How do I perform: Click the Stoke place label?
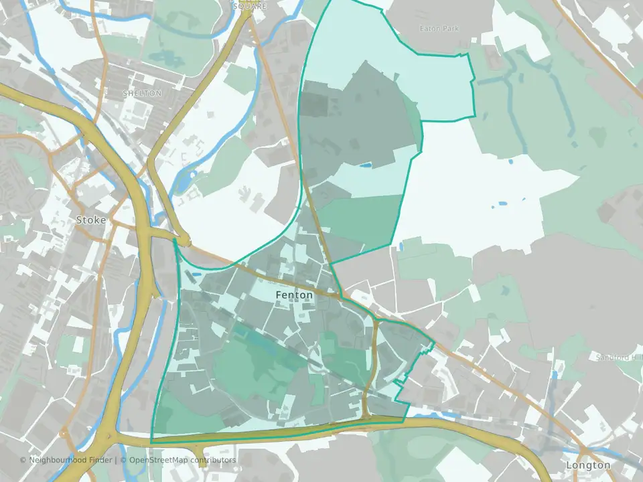coord(91,220)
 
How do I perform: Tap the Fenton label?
coord(294,295)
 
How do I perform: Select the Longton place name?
coord(588,465)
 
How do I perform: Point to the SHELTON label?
coord(142,94)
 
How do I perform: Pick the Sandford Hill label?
coord(619,357)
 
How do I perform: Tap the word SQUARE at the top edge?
coord(249,5)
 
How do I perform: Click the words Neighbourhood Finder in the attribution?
coord(71,461)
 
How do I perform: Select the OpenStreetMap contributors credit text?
coord(182,461)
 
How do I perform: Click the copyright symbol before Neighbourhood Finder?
coord(23,461)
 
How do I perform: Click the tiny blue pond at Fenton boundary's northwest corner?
coord(196,273)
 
